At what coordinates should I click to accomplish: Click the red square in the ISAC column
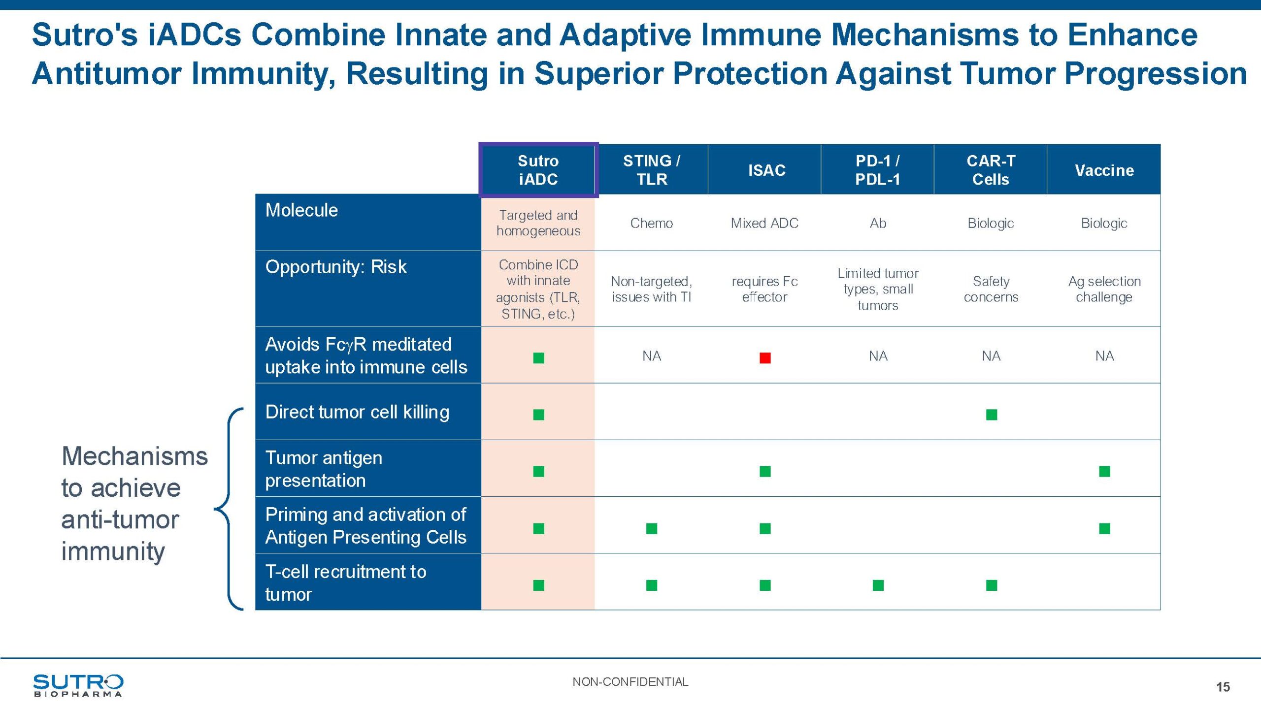[x=764, y=357]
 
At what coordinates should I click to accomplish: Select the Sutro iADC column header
[x=538, y=170]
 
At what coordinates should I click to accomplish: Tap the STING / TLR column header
[x=651, y=170]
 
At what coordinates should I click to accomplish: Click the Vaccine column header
[x=1104, y=170]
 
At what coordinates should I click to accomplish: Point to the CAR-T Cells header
[x=991, y=170]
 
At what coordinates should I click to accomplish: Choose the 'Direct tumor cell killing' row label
[x=357, y=412]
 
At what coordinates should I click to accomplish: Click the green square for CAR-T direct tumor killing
[x=991, y=415]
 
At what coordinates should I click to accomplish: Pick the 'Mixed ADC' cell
[x=764, y=223]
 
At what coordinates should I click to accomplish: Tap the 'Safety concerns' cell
[x=991, y=289]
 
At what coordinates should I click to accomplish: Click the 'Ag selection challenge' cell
[x=1104, y=289]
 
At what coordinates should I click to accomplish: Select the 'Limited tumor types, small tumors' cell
[x=878, y=289]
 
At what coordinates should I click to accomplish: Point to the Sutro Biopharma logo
[x=78, y=685]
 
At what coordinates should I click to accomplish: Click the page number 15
[x=1223, y=687]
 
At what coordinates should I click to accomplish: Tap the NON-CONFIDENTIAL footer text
[x=630, y=682]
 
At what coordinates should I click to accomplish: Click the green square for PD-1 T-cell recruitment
[x=878, y=585]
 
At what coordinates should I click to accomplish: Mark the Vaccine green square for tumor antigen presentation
[x=1104, y=471]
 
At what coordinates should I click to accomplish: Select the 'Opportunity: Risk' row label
[x=336, y=267]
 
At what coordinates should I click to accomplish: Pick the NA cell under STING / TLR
[x=651, y=356]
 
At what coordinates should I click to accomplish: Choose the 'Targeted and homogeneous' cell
[x=538, y=223]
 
